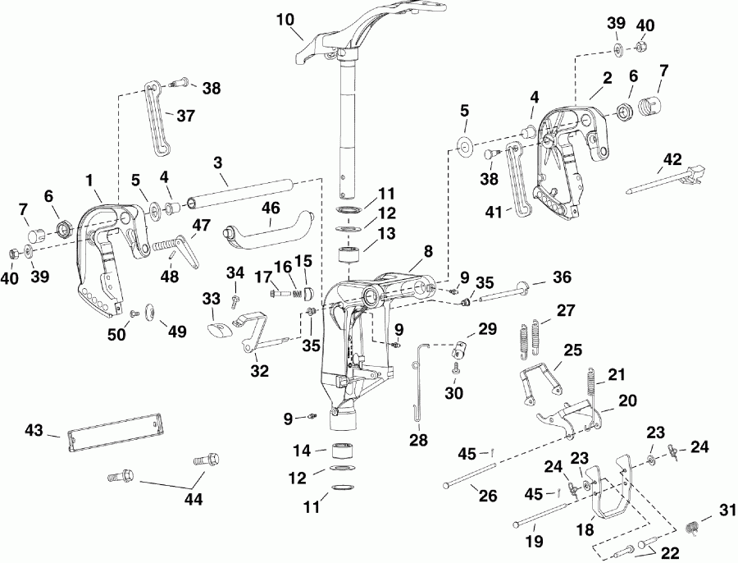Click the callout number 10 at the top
[285, 19]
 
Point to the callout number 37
[186, 117]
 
